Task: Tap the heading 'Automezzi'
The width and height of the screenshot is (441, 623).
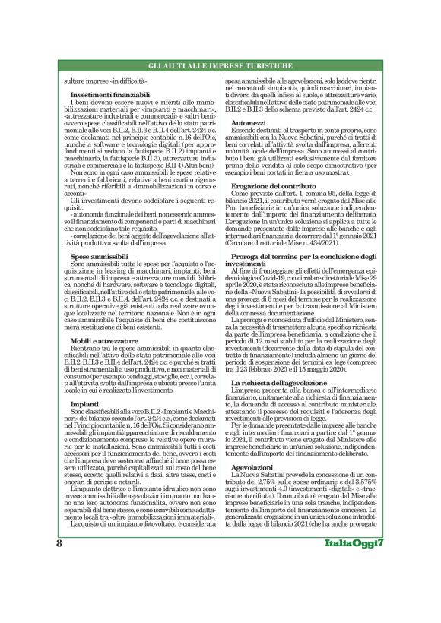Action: (251, 121)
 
